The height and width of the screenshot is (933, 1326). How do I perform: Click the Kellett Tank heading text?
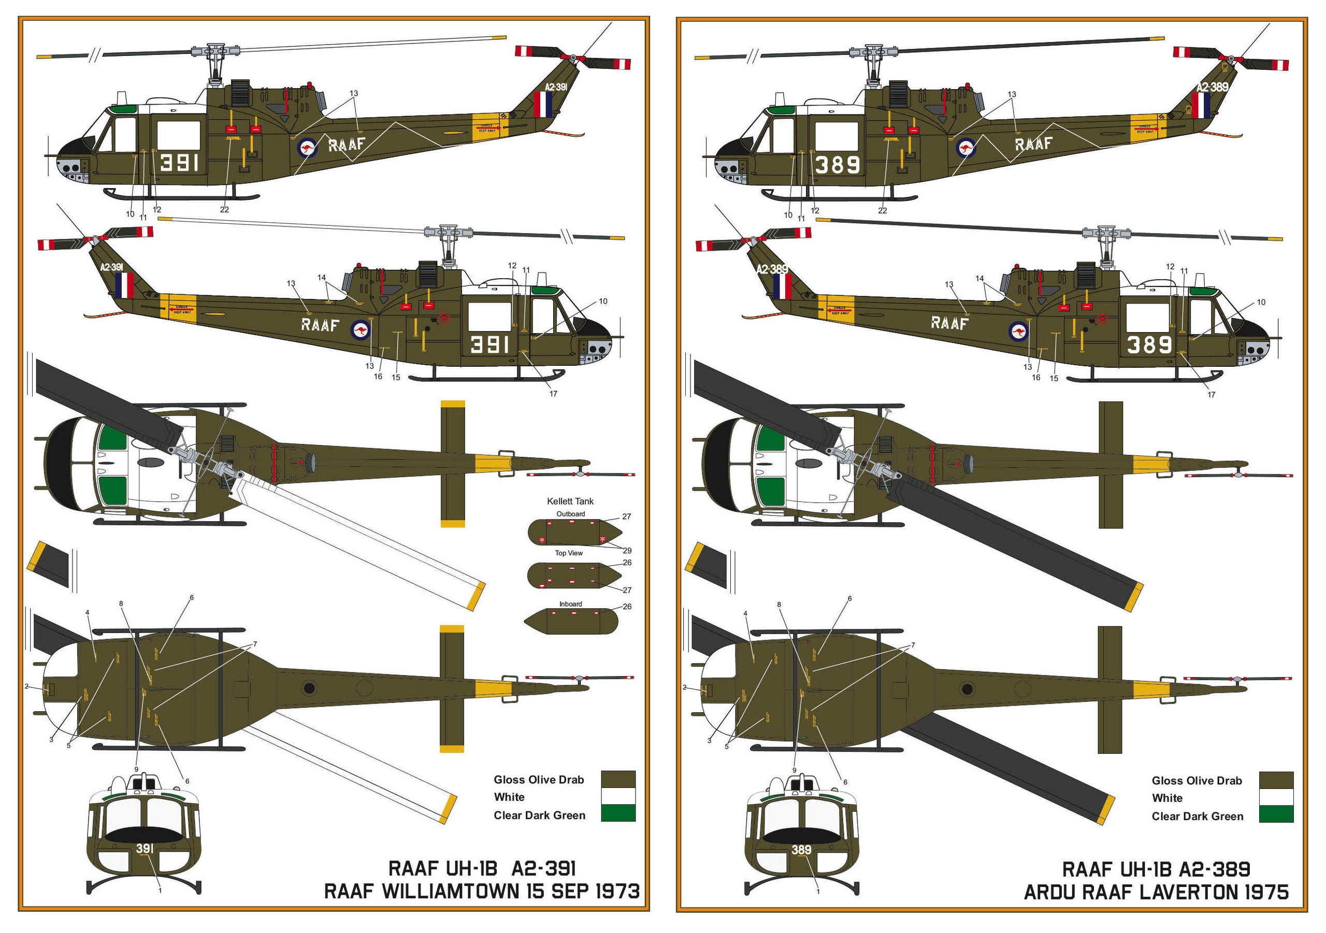click(x=570, y=501)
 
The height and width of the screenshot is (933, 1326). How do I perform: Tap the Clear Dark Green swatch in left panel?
click(x=618, y=813)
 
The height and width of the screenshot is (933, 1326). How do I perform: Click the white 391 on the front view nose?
click(x=145, y=849)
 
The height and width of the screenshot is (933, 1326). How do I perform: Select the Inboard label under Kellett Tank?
click(x=570, y=604)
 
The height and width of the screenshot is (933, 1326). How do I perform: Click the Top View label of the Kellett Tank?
click(x=569, y=553)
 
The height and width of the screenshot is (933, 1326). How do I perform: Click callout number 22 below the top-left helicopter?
click(x=224, y=210)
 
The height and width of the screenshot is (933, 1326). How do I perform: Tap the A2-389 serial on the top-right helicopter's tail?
click(x=1212, y=87)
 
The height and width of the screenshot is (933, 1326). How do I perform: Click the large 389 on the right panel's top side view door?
click(x=838, y=165)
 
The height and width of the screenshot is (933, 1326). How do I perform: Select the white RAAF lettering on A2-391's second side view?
click(x=320, y=325)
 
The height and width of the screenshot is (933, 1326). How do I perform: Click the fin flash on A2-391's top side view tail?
click(x=543, y=104)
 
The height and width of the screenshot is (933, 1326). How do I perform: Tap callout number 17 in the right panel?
click(x=1211, y=395)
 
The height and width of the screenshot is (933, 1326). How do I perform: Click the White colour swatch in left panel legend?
click(x=618, y=796)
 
